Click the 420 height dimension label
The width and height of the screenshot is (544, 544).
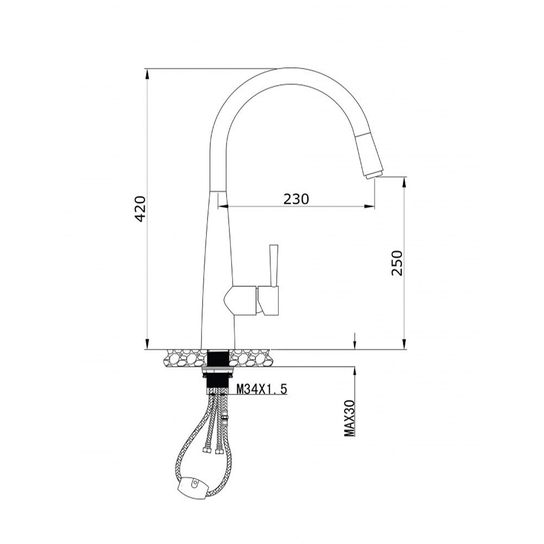140,209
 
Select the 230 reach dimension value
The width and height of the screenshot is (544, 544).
296,199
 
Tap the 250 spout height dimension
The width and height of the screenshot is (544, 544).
396,263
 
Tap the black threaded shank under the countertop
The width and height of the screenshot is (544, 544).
218,358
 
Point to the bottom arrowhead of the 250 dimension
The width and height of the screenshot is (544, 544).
404,344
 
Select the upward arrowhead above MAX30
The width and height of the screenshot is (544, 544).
355,371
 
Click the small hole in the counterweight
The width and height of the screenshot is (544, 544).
195,483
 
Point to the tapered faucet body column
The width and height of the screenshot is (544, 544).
218,272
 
